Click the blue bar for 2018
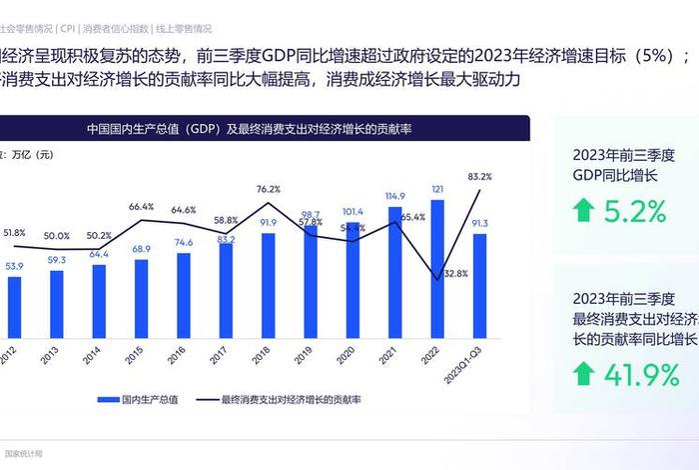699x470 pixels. click(269, 282)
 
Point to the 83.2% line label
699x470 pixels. click(479, 176)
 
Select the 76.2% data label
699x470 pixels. click(269, 189)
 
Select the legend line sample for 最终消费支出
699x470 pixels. click(203, 399)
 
